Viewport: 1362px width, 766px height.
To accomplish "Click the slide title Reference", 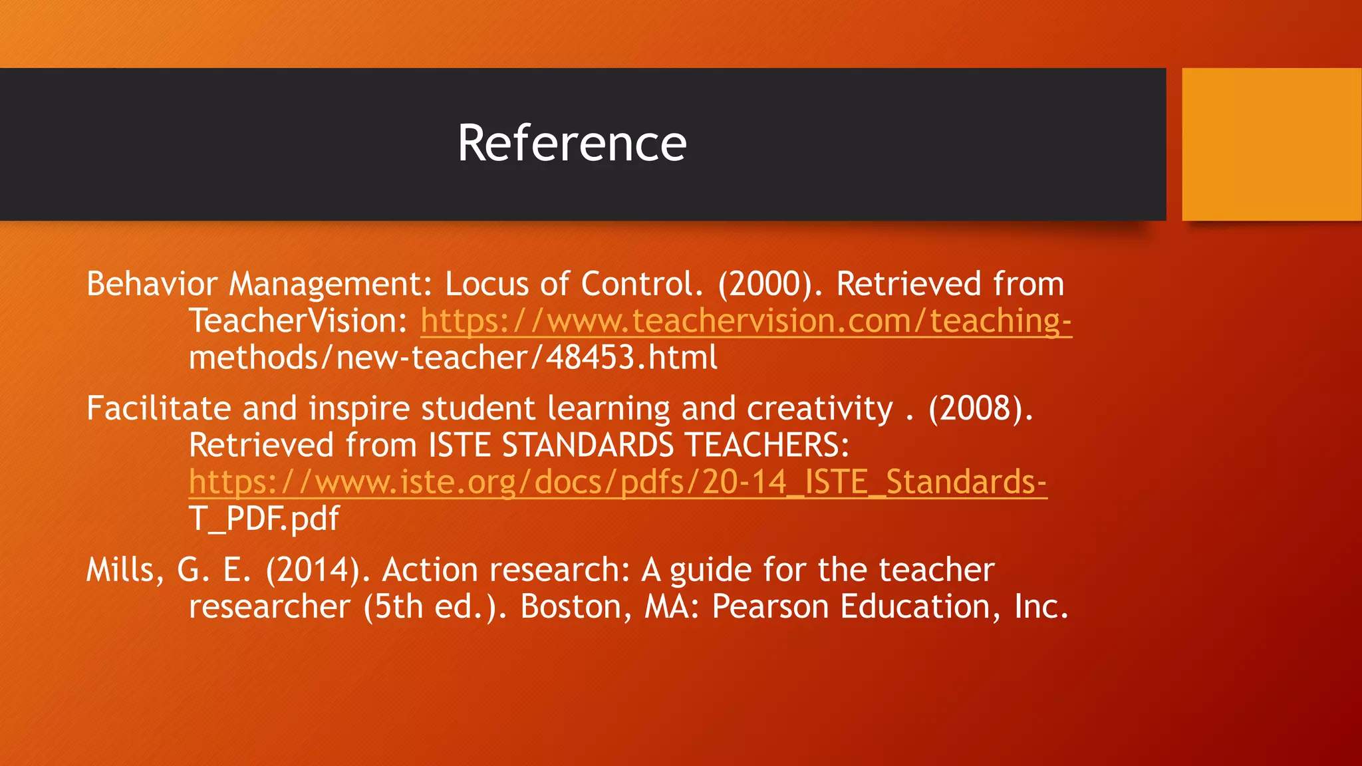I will click(x=572, y=143).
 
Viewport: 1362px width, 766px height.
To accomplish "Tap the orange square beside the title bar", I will click(x=1272, y=144).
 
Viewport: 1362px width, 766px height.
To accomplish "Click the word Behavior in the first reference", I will click(x=152, y=284).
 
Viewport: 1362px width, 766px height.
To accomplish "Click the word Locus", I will click(x=486, y=284).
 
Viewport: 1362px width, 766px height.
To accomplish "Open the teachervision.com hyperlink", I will click(x=746, y=321).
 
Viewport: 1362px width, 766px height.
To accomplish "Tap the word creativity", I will click(x=819, y=408).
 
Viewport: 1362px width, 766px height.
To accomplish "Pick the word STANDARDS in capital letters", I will click(x=587, y=445).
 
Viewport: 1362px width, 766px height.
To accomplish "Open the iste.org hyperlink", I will click(x=617, y=482).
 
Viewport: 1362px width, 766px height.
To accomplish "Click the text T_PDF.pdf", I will click(x=264, y=519).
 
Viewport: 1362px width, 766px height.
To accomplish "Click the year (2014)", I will click(x=313, y=570).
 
